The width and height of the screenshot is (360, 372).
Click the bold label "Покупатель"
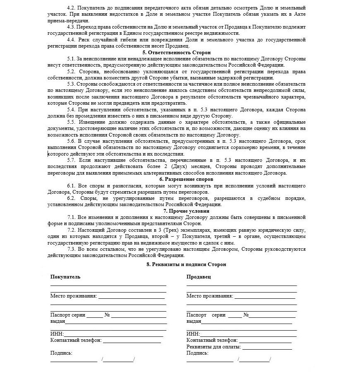click(x=65, y=276)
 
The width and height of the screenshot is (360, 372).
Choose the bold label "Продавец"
click(x=199, y=276)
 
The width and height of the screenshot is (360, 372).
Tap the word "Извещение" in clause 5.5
click(x=92, y=122)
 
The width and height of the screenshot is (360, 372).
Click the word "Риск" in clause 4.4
click(x=85, y=40)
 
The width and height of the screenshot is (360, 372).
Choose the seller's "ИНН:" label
click(x=193, y=334)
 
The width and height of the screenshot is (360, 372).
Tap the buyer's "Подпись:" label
click(x=61, y=353)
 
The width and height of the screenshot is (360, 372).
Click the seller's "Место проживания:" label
click(x=209, y=296)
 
